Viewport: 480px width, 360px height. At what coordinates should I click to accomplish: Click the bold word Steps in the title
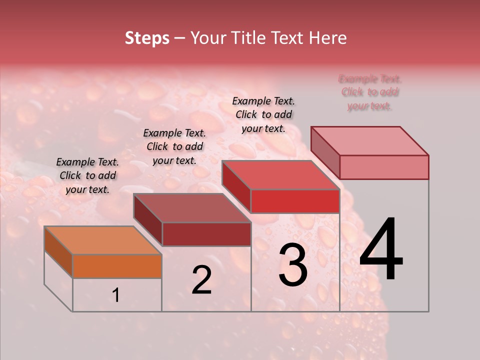pos(147,38)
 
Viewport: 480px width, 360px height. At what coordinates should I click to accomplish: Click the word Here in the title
pos(327,38)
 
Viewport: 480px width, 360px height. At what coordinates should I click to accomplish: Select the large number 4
pos(381,250)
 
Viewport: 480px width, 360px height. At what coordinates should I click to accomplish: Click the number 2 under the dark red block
pos(201,280)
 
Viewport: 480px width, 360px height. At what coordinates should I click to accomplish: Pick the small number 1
pos(116,295)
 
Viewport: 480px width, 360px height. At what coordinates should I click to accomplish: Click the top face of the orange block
pos(103,240)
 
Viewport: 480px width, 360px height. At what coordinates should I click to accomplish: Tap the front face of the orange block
pos(117,266)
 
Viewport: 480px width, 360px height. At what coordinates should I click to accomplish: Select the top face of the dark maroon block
pos(192,208)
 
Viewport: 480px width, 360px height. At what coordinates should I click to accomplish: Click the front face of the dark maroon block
pos(206,234)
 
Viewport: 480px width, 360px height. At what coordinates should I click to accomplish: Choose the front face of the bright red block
pos(295,201)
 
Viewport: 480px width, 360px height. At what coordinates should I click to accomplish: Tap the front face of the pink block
pos(384,167)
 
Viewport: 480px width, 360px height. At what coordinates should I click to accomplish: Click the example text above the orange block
pos(87,175)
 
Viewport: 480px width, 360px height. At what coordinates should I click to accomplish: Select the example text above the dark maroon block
pos(174,146)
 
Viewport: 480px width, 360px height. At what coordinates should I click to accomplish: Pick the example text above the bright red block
pos(263,114)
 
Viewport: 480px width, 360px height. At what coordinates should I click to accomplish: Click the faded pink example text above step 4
pos(370,92)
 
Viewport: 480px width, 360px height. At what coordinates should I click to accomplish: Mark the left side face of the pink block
pos(325,152)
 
